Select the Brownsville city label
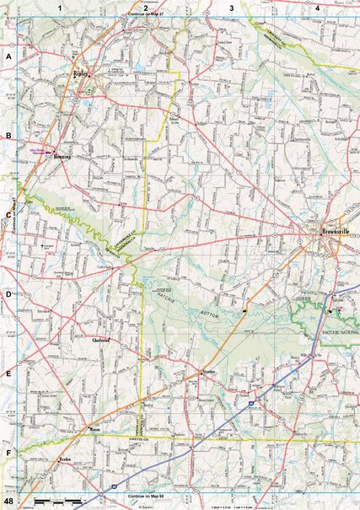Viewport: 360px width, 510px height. (323, 233)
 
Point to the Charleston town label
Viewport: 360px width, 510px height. (102, 340)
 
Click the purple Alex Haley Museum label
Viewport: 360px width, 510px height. (36, 147)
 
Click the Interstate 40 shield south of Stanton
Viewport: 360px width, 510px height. (253, 405)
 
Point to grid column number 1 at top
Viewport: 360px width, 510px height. (60, 8)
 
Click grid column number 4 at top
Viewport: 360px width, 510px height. (318, 8)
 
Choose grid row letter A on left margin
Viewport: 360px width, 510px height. (8, 56)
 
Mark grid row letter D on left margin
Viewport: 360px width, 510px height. (8, 295)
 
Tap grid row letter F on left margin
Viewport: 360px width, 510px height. (8, 454)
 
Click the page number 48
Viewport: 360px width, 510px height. (8, 502)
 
